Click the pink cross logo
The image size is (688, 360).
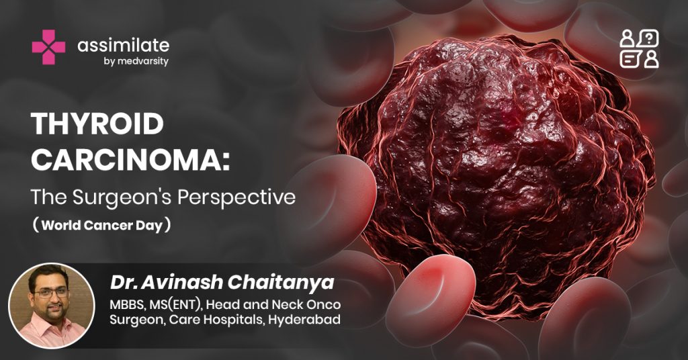click(x=48, y=47)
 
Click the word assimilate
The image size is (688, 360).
click(x=124, y=45)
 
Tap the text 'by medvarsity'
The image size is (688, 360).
click(x=136, y=61)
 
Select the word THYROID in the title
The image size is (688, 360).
click(x=97, y=124)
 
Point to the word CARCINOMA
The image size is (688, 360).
click(x=130, y=160)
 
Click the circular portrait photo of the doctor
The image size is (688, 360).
click(x=52, y=306)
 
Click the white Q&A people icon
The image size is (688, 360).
click(x=640, y=48)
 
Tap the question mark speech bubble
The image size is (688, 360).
click(x=648, y=38)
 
